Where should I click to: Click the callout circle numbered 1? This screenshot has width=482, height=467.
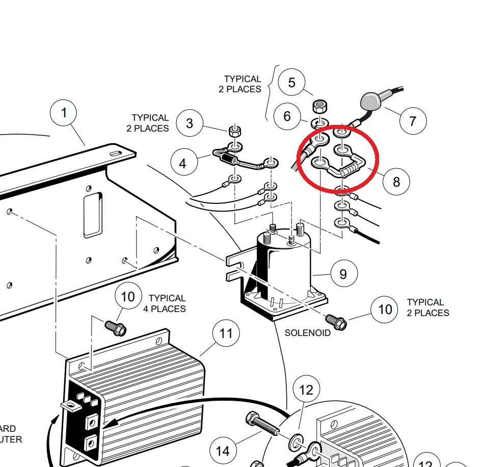point(63,113)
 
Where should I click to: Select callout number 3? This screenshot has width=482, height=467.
point(190,123)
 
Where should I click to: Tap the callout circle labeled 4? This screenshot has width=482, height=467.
point(182,164)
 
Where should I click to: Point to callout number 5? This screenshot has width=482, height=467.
point(291,83)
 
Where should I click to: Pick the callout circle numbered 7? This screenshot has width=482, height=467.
point(412,121)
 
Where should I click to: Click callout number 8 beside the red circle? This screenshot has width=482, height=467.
point(396,181)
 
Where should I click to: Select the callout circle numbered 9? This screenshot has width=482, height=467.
point(343,274)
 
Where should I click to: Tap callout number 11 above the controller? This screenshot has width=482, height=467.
point(226,333)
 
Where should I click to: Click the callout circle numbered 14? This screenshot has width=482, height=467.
point(223,451)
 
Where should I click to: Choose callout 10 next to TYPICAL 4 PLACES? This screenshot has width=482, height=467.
point(128,297)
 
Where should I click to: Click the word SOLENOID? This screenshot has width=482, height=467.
point(307,333)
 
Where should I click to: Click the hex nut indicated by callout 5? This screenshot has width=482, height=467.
point(319,107)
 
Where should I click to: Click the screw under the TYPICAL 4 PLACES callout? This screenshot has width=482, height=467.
point(115,328)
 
